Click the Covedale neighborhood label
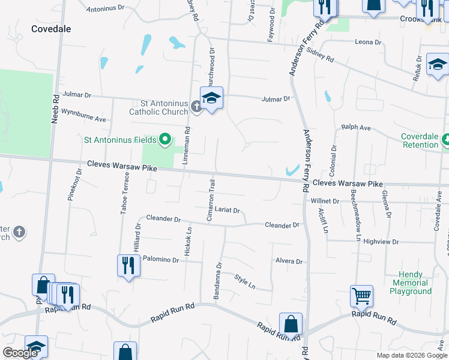point(51,29)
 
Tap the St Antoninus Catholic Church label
point(159,106)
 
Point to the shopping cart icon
point(361,295)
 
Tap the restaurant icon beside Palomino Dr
point(128,265)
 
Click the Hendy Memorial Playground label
point(411,283)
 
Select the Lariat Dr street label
point(228,211)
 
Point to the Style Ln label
point(244,281)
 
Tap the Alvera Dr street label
point(289,262)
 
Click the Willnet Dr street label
point(325,201)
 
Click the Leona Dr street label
point(368,43)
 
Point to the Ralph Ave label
point(356,128)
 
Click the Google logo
point(20,353)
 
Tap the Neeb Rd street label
point(55,109)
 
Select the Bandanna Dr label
point(218,280)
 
